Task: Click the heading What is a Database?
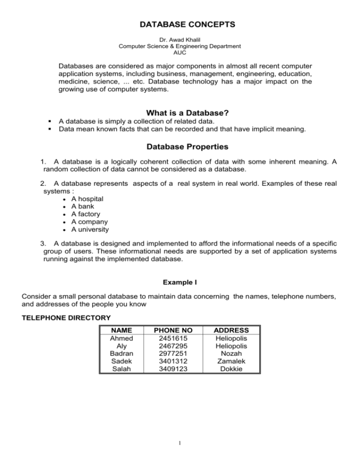click(180, 99)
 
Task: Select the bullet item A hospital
click(87, 199)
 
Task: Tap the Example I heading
click(180, 283)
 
